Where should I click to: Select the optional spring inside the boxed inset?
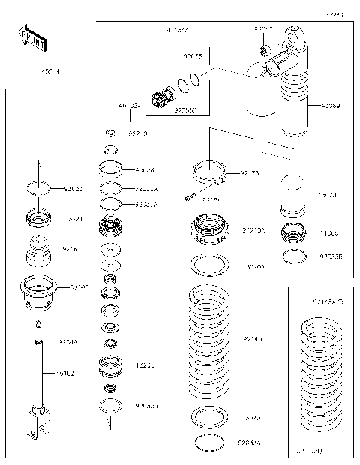[x=325, y=379]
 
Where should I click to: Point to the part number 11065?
[x=328, y=233]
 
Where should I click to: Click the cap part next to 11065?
[x=294, y=233]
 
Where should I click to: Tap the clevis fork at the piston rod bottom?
[x=35, y=424]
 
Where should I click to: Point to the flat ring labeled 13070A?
[x=211, y=264]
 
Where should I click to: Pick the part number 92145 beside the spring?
[x=252, y=339]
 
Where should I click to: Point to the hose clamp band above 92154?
[x=211, y=172]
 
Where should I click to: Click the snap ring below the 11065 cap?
[x=294, y=257]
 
